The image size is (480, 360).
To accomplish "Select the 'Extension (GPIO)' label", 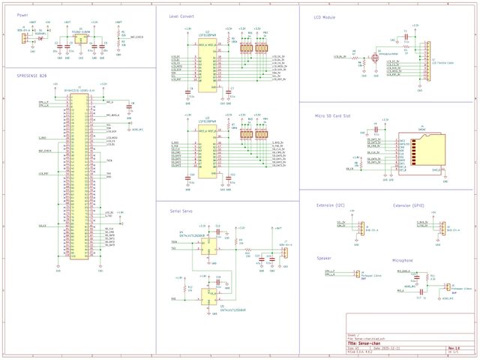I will [x=409, y=205].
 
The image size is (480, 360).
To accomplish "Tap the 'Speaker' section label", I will [x=324, y=257].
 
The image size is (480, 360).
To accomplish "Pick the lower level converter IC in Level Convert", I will [x=205, y=147].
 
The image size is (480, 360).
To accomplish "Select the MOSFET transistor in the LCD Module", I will [x=374, y=57].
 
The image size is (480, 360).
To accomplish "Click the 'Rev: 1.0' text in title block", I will [x=454, y=348].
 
